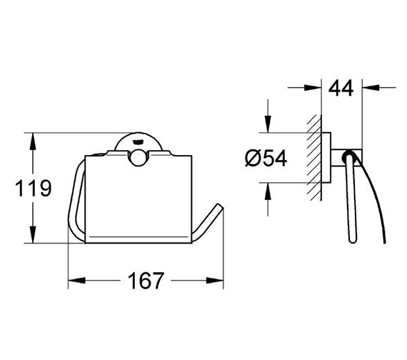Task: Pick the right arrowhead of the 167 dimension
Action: pyautogui.click(x=221, y=281)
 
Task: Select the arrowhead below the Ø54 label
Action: pyautogui.click(x=268, y=191)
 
